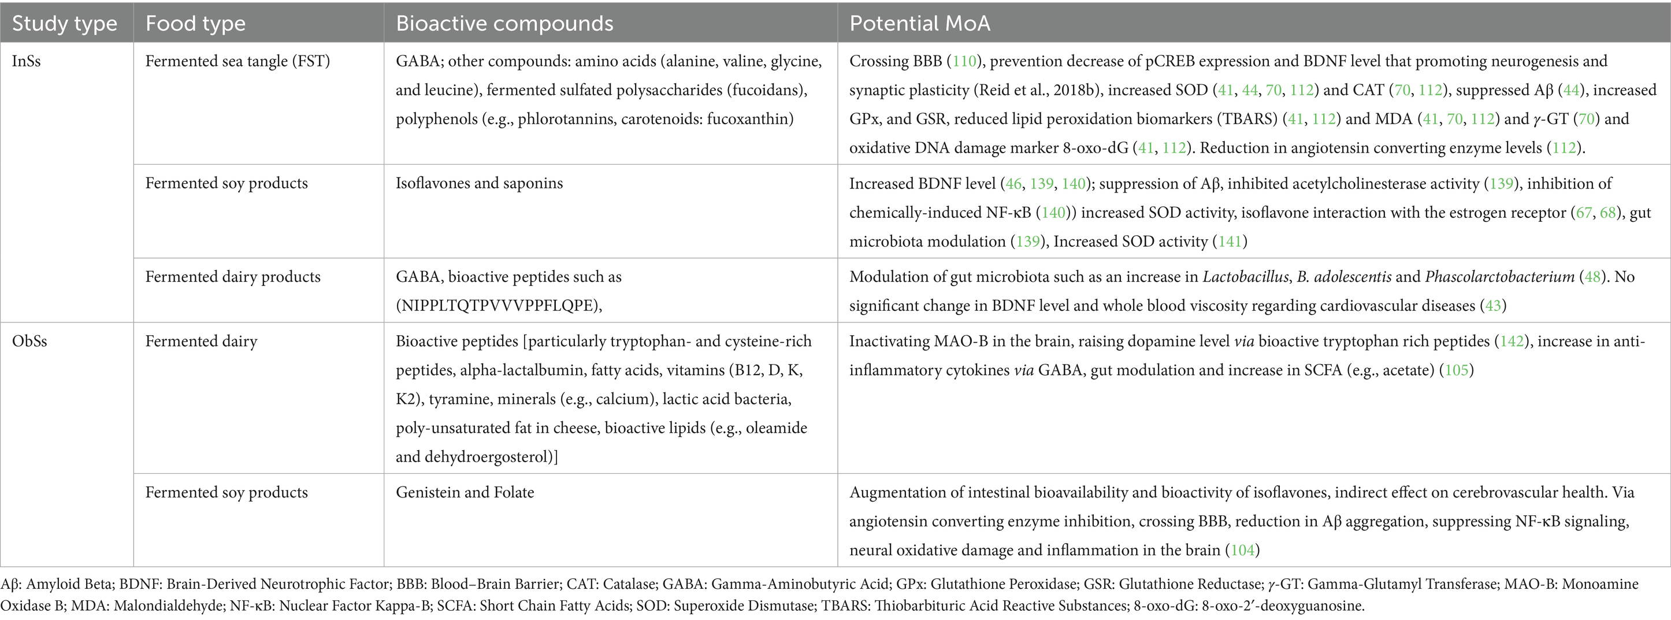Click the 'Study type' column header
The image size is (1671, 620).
(x=64, y=23)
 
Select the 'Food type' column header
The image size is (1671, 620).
(x=195, y=23)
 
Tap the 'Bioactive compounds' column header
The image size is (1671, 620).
(x=504, y=23)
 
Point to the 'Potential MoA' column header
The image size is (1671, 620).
(x=919, y=23)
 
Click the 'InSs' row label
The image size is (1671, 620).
(x=26, y=61)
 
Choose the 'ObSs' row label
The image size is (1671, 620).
(x=29, y=341)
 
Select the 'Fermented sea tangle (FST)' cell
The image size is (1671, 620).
(x=237, y=61)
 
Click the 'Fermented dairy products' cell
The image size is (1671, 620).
(x=232, y=277)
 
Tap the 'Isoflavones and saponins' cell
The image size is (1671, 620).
(x=479, y=183)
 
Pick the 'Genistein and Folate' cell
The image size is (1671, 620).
(x=465, y=492)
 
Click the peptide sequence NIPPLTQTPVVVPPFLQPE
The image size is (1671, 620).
(x=498, y=306)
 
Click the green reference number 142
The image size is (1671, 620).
(x=1512, y=341)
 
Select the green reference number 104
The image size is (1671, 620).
(x=1242, y=550)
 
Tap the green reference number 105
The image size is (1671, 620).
(x=1456, y=370)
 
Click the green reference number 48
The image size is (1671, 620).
(x=1592, y=277)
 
